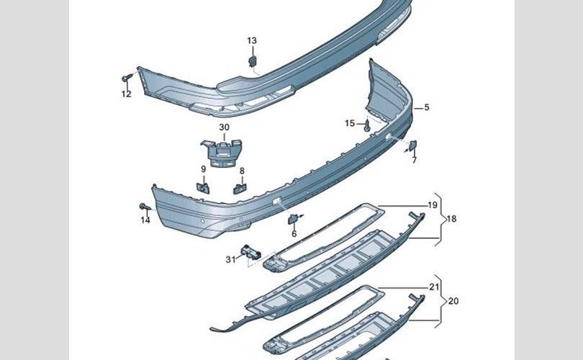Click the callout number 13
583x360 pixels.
coord(252,40)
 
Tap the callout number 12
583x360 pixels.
coord(126,94)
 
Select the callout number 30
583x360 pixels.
coord(224,127)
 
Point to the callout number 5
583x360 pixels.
coord(426,108)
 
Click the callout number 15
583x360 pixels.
coord(350,124)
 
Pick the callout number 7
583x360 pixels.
coord(415,161)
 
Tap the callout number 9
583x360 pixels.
coord(203,170)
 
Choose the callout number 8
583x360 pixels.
coord(242,171)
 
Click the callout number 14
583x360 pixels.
coord(145,220)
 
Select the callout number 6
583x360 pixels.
coord(294,234)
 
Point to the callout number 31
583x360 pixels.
coord(230,259)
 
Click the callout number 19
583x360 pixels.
coord(433,205)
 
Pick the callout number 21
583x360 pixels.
coord(434,287)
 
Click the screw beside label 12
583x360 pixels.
coord(127,77)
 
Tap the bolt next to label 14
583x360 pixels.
coord(144,207)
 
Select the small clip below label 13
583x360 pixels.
coord(253,60)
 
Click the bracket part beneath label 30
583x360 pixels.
coord(222,150)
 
